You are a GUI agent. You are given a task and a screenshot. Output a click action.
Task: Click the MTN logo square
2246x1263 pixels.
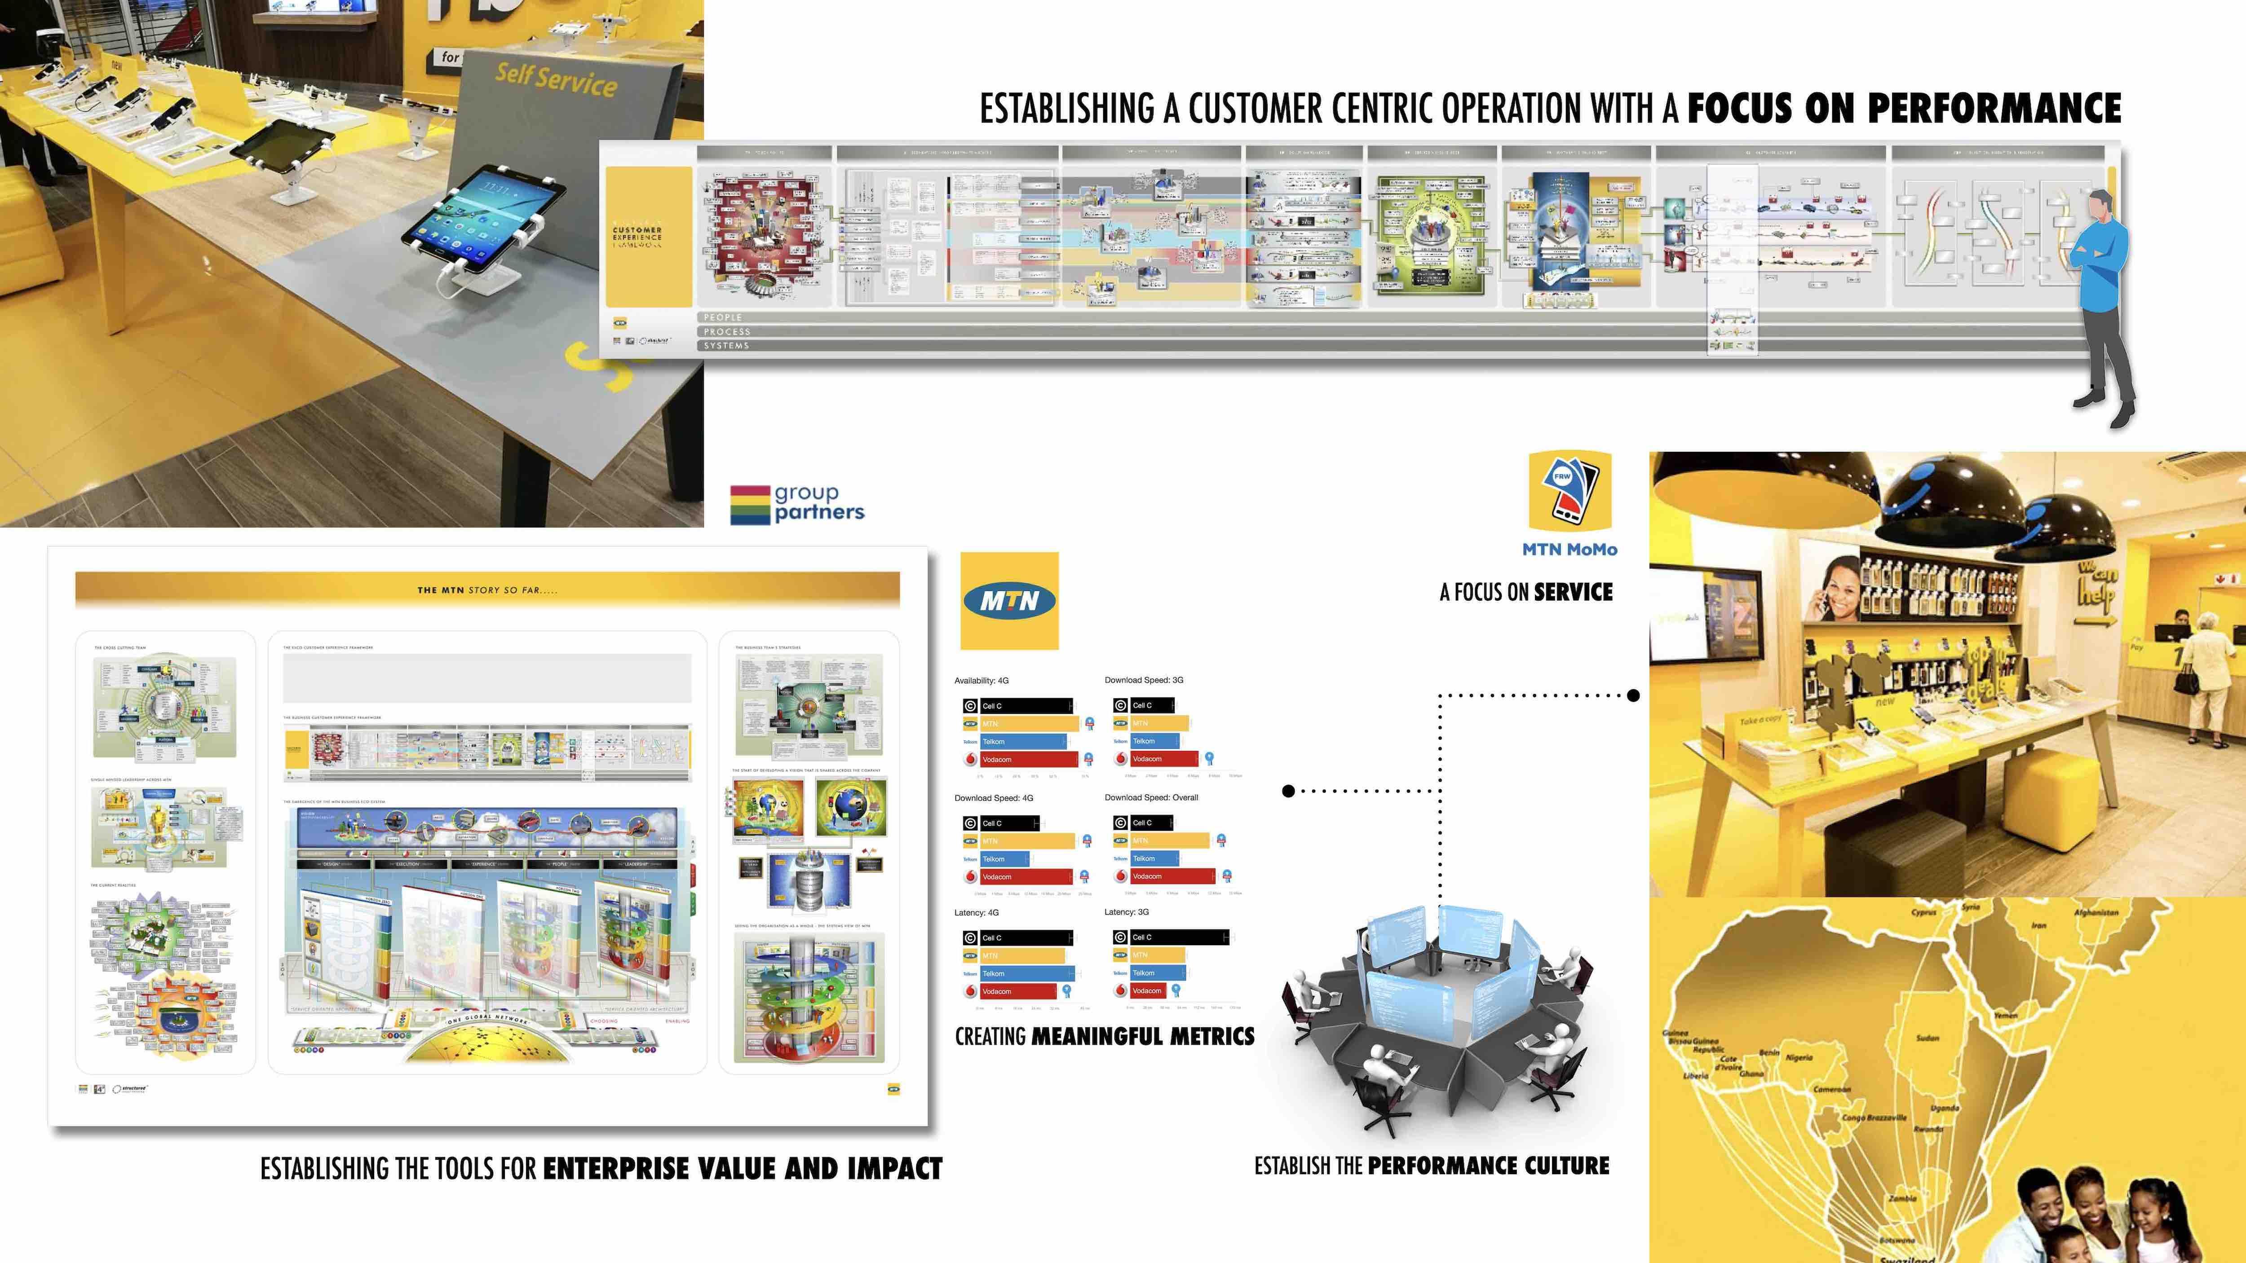[x=1009, y=601]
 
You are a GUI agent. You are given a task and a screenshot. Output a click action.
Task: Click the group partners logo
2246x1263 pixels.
[x=797, y=504]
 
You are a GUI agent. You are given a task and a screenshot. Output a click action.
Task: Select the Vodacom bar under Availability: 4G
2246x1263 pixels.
[x=1029, y=759]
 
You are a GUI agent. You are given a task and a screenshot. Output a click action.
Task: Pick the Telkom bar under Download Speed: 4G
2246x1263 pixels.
[x=1004, y=858]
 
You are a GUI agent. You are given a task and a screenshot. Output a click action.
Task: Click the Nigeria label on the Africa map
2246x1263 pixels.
[x=1799, y=1057]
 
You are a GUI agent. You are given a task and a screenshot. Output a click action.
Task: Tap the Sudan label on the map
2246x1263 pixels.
[x=1927, y=1038]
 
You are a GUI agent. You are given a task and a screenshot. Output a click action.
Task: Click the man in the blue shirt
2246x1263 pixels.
[x=2103, y=288]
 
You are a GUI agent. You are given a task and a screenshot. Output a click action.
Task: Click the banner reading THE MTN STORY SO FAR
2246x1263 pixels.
[x=486, y=590]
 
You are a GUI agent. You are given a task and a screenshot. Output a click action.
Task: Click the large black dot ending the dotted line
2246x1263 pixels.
[x=1633, y=695]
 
